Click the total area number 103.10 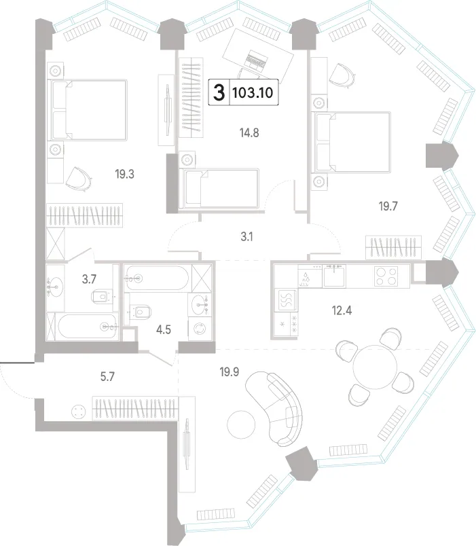(x=253, y=92)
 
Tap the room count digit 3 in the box (x=219, y=92)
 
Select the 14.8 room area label (x=249, y=132)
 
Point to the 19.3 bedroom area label (x=125, y=174)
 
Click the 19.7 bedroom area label (x=388, y=206)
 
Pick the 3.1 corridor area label (x=246, y=237)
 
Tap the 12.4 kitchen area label (x=342, y=310)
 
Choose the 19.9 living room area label (x=229, y=372)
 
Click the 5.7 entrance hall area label (x=107, y=376)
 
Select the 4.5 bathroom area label (x=164, y=329)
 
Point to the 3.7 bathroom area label (x=89, y=279)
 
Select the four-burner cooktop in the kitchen (x=386, y=276)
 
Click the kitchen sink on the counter (x=334, y=276)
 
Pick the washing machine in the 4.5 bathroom (x=200, y=329)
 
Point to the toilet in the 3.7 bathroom (x=103, y=297)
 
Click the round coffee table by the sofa (x=241, y=424)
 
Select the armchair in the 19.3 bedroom (x=79, y=179)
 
